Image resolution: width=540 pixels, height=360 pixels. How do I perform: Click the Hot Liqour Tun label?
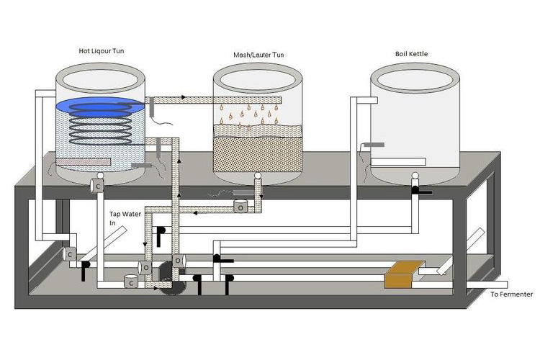102,51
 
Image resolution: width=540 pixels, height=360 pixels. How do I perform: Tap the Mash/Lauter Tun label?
258,55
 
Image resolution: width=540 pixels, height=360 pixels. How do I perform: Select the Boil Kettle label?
412,54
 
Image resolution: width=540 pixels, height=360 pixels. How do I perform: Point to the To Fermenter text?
512,294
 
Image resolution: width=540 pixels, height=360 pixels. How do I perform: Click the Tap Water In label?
125,218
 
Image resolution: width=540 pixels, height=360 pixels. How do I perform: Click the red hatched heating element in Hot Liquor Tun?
83,161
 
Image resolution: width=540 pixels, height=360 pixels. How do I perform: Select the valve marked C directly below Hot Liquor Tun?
97,186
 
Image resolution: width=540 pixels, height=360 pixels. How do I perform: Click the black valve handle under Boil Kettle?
421,191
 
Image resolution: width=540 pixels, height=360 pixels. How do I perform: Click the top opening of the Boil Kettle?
415,81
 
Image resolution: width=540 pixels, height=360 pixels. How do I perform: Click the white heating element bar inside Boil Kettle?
398,161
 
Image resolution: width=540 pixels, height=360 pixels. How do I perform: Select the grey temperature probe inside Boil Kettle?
374,145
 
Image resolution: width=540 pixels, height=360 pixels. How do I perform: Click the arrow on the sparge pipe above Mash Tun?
184,97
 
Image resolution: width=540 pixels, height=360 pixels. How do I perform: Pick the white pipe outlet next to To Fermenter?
487,284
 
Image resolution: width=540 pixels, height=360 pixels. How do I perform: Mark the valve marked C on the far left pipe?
70,254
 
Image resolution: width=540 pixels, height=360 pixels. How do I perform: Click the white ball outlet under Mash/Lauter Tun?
258,176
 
